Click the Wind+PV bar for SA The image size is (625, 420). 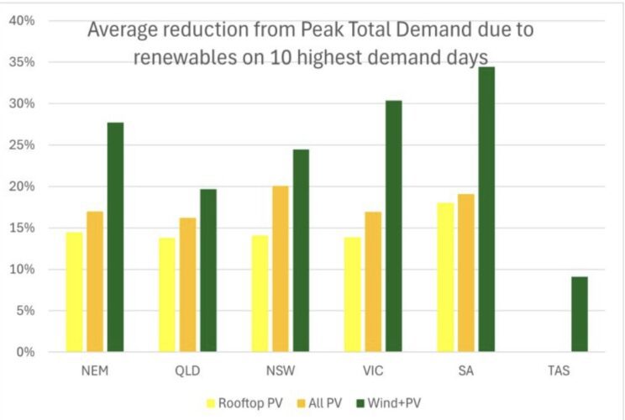[x=486, y=209]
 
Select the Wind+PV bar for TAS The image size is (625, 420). [x=579, y=314]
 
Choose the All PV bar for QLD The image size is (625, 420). [x=187, y=285]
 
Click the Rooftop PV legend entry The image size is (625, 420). [x=252, y=402]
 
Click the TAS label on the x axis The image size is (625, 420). [x=559, y=370]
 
